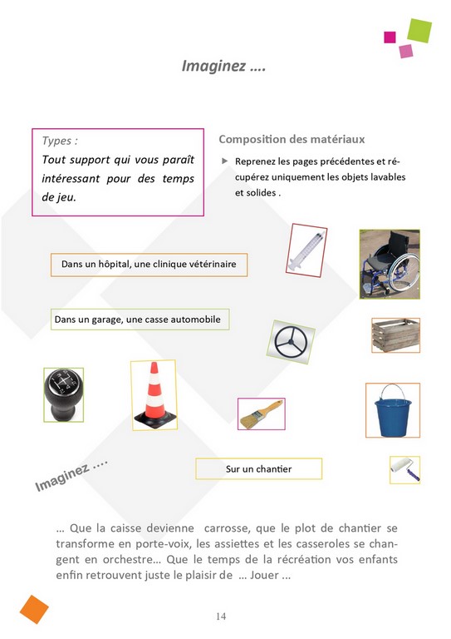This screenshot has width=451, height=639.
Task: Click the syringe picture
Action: point(306,250)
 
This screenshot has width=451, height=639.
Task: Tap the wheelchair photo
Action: point(390,264)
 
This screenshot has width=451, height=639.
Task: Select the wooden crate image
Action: point(395,335)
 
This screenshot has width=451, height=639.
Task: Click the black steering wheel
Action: point(291,341)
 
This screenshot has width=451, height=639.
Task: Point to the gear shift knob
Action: point(63,394)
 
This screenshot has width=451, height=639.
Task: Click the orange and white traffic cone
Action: point(154,395)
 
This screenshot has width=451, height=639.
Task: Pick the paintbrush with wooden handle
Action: point(262,414)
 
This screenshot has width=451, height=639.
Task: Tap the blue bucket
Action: point(392,410)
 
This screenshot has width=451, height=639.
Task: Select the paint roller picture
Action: point(404,470)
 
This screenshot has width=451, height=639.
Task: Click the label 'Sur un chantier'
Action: point(258,468)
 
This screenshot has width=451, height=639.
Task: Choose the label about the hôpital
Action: point(149,264)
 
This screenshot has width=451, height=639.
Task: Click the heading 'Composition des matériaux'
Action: point(292,140)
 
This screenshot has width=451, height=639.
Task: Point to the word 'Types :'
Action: point(60,141)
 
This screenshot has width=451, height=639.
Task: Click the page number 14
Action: point(221,616)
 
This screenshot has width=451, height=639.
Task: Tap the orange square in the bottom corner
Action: point(34,609)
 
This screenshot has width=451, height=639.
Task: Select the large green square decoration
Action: point(419,31)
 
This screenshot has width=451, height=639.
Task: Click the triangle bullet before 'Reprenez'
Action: point(224,161)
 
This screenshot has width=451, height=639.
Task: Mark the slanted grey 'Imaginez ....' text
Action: point(71,475)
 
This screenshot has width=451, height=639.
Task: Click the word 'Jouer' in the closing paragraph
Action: point(264,575)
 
